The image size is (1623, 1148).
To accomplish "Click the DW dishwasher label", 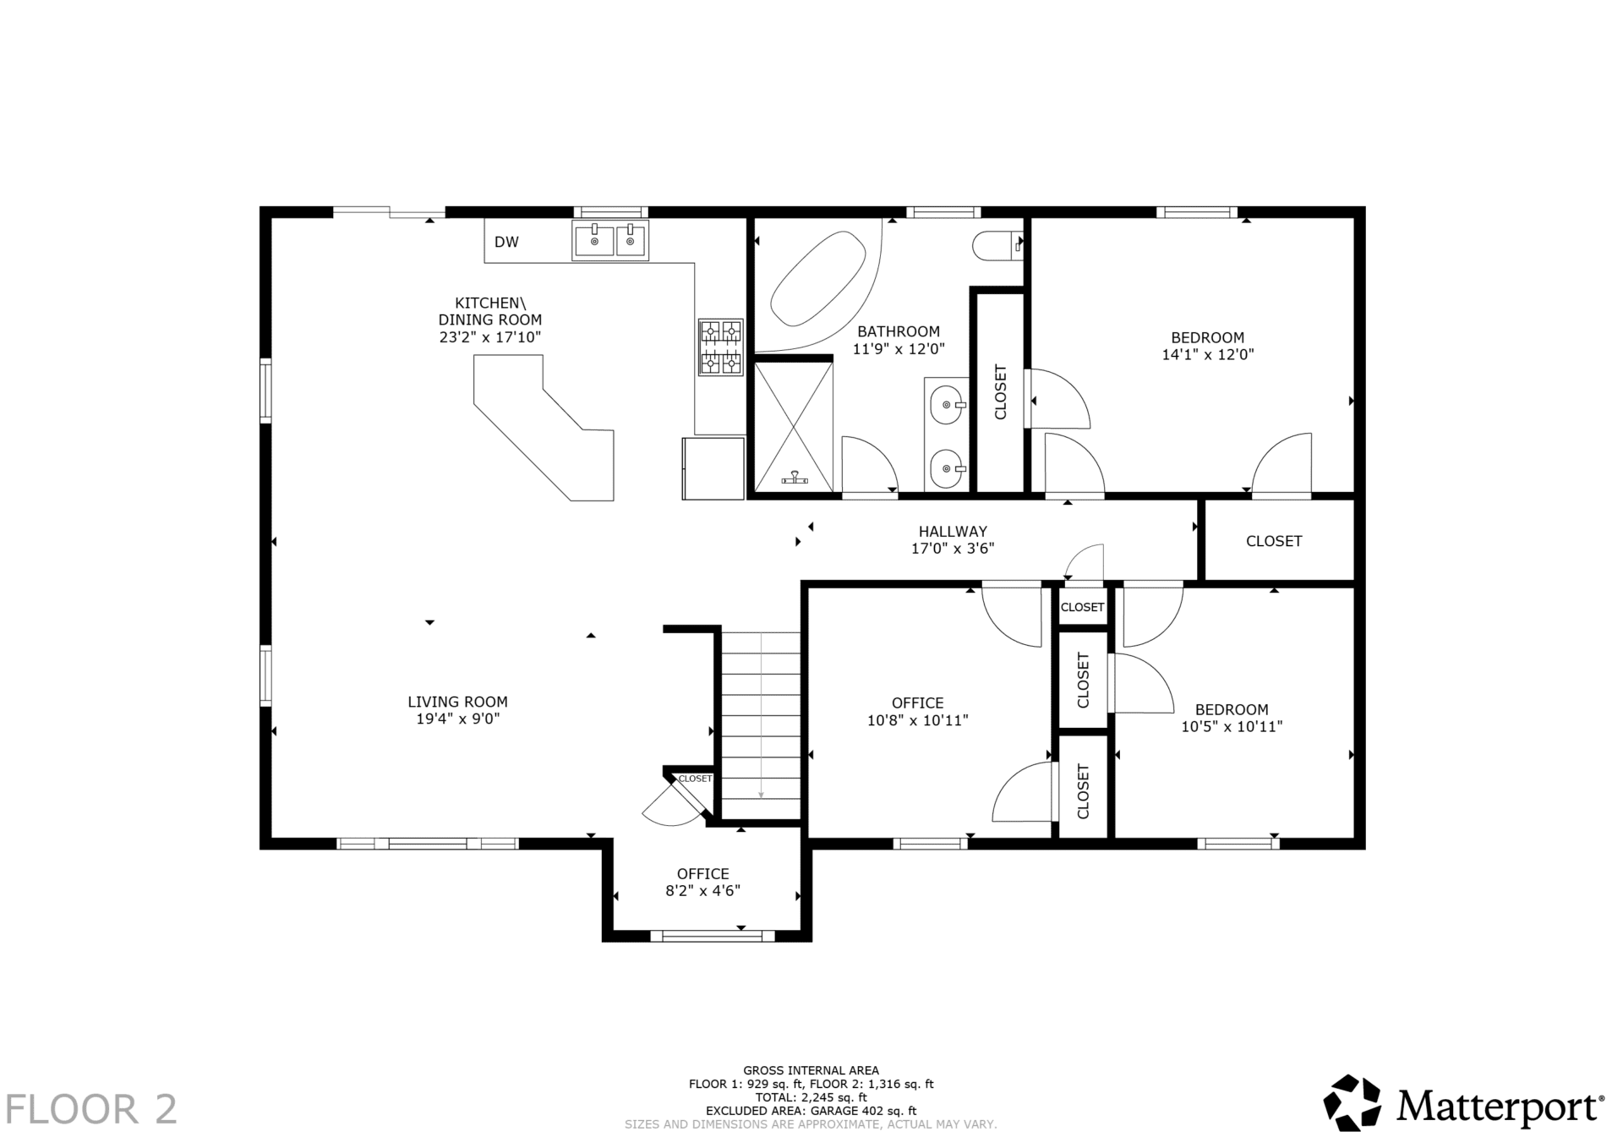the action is pos(506,243).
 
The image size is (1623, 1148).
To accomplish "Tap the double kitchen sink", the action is pos(610,240).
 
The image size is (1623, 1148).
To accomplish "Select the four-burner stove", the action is pos(720,347).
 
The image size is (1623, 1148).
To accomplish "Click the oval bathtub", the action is pos(818,278).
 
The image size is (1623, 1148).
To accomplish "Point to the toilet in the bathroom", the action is pos(998,245).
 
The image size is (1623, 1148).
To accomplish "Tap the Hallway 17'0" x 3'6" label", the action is pos(953,540).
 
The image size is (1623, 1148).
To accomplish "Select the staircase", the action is pos(761,725).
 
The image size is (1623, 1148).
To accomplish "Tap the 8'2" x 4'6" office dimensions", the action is pos(703,891).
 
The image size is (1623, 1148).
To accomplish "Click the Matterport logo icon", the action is pos(1352,1102).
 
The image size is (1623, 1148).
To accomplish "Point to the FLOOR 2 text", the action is pos(92,1109).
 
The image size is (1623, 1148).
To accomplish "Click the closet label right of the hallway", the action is pos(1274,541).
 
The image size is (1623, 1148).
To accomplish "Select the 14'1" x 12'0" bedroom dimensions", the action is pos(1208,355).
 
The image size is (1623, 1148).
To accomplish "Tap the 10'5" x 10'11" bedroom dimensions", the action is pos(1232,726).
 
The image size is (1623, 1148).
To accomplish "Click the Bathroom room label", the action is pos(899,331).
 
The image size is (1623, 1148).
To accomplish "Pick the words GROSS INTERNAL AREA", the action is pos(811,1070).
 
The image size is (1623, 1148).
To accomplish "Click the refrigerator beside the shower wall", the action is pos(713,468).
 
